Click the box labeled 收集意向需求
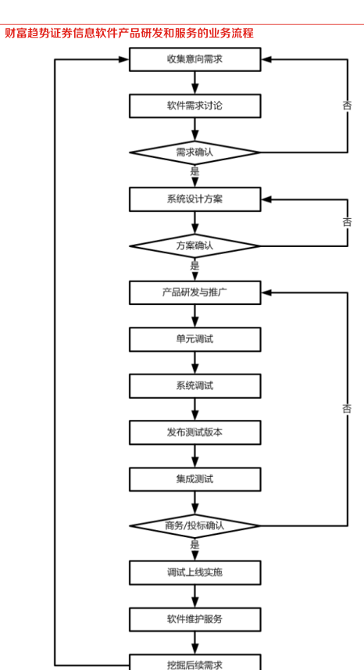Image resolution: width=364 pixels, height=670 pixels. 195,59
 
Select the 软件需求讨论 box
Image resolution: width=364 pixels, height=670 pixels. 195,106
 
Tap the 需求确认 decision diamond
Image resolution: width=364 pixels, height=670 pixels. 195,152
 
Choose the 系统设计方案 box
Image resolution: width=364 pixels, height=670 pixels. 195,199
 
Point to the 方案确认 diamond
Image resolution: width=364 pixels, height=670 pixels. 195,245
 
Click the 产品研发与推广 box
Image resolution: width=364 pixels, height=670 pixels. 195,292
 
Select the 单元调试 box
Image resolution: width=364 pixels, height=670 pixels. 195,339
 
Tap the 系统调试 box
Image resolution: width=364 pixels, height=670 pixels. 195,386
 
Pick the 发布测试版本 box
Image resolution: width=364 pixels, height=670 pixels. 195,432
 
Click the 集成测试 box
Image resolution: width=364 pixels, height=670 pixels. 195,479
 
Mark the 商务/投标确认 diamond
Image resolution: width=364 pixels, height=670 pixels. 195,525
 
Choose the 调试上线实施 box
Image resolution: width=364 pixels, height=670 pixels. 195,572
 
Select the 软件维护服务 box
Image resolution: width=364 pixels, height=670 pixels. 195,619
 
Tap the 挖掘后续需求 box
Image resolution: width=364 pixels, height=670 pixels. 195,662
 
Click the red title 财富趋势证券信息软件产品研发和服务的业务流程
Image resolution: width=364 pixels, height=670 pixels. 130,34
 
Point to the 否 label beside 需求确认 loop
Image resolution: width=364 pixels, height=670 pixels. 348,106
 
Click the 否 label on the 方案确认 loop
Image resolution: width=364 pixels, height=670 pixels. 348,222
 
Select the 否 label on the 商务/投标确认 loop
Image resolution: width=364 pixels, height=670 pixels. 348,409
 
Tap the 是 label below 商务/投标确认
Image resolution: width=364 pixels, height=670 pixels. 195,545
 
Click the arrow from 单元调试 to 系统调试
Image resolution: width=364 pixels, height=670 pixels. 195,363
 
